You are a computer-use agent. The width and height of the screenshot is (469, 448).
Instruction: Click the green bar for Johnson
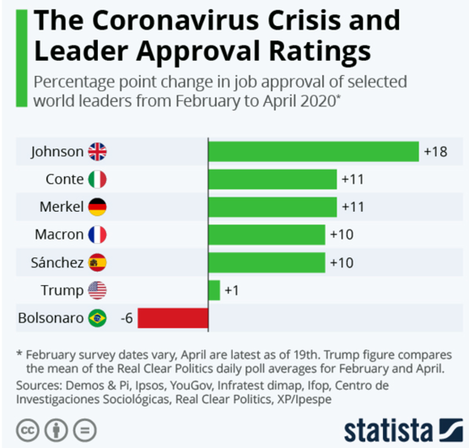point(314,151)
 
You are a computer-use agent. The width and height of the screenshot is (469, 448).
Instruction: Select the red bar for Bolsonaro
point(173,318)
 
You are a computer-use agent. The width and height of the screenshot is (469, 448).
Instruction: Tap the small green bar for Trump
point(214,290)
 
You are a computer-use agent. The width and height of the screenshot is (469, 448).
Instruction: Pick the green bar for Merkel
point(272,207)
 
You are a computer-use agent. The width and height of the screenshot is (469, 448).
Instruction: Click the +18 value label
point(436,152)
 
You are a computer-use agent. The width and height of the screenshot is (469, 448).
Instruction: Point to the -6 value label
point(127,318)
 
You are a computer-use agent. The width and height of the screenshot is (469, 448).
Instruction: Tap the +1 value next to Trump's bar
point(232,290)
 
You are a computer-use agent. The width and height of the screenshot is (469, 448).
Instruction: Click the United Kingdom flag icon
point(97,152)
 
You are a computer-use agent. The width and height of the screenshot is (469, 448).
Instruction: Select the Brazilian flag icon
point(97,318)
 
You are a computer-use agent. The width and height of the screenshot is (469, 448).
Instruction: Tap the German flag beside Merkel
point(97,207)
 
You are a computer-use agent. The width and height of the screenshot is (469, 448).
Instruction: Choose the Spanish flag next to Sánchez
point(97,262)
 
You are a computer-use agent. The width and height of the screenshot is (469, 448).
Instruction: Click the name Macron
point(59,235)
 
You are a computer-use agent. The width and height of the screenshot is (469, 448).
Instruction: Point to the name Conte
point(65,179)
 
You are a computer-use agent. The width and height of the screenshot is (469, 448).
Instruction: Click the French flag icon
point(97,235)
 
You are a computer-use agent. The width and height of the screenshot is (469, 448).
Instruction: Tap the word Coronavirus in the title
point(175,20)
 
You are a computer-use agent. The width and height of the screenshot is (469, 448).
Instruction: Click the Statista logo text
point(388,430)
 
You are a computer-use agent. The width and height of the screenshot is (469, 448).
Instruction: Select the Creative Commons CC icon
point(28,430)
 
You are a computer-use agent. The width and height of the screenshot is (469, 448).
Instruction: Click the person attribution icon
point(57,430)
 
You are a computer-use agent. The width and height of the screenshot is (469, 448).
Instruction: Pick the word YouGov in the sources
point(191,386)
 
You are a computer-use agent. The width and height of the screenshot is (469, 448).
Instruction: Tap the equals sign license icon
point(85,430)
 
